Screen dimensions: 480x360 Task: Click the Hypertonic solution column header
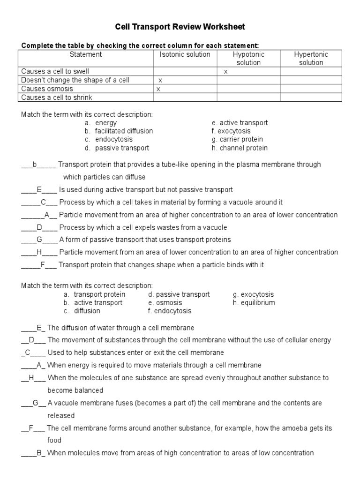click(x=311, y=58)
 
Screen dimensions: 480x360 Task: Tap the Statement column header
click(x=86, y=54)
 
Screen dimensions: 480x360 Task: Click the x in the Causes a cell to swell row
click(x=225, y=72)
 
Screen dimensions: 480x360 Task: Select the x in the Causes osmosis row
click(x=158, y=89)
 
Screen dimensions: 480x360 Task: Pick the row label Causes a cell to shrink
click(x=57, y=97)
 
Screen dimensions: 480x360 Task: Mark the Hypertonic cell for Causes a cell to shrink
click(x=311, y=97)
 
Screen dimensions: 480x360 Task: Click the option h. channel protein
click(x=240, y=148)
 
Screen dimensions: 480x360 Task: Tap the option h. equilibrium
click(x=254, y=303)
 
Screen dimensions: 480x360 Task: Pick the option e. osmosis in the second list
click(x=165, y=303)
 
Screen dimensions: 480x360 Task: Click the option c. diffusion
click(x=82, y=311)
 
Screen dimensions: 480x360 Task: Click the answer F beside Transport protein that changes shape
click(x=42, y=265)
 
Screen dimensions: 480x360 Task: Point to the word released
click(x=61, y=416)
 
